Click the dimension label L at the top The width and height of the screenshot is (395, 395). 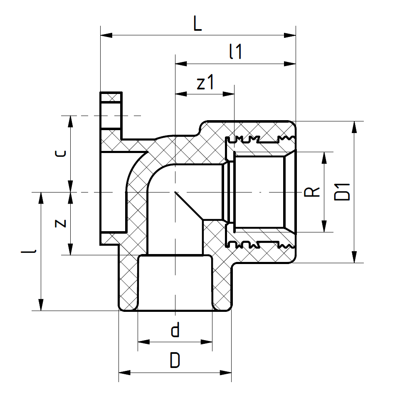(x=197, y=25)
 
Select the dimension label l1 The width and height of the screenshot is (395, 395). (x=235, y=53)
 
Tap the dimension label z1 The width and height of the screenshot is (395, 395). (x=205, y=83)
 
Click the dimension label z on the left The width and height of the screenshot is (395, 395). (x=61, y=223)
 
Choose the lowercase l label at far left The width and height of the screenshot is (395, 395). (x=34, y=251)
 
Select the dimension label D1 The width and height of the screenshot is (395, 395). (x=343, y=192)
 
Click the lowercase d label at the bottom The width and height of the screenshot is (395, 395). (x=175, y=331)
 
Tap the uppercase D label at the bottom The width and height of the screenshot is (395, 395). (x=175, y=360)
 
